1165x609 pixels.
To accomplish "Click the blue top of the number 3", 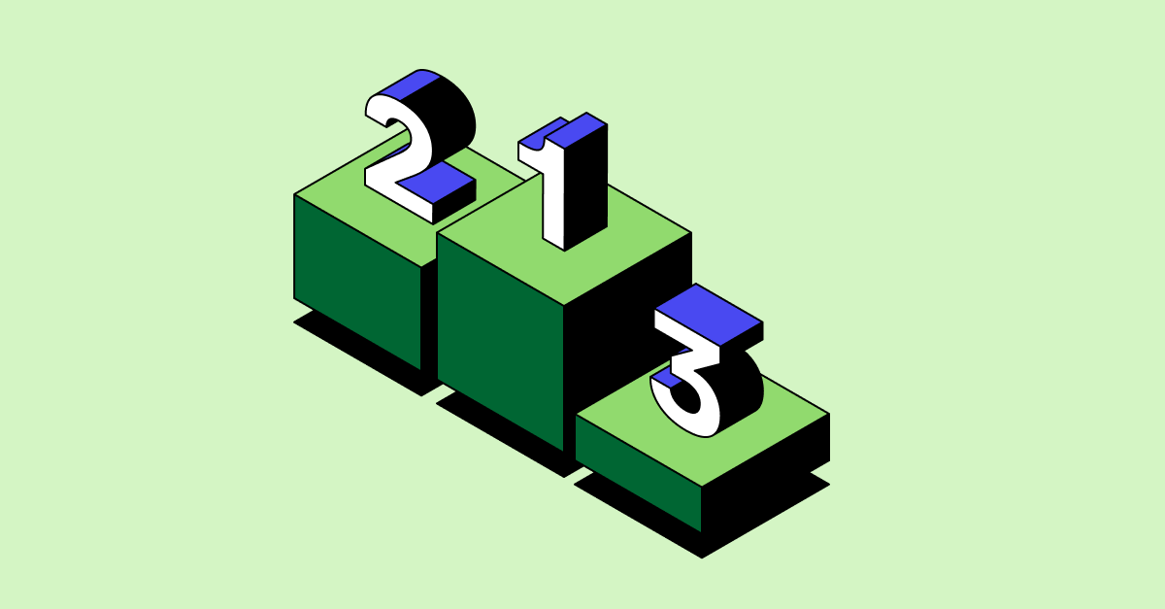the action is [x=709, y=315].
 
